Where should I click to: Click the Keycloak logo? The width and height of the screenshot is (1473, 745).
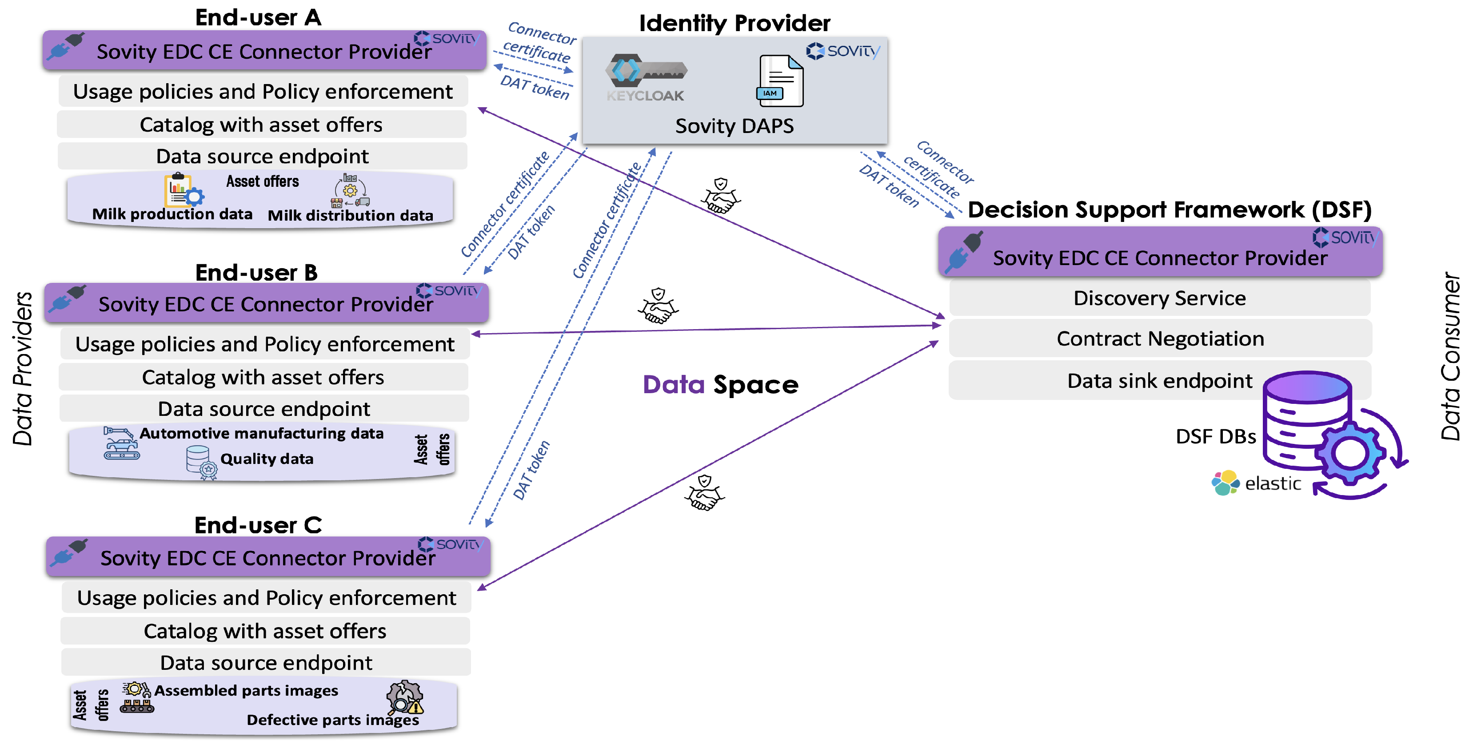(646, 78)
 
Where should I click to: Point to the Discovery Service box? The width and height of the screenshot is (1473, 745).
(1160, 298)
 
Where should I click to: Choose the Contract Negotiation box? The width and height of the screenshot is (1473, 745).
(1160, 339)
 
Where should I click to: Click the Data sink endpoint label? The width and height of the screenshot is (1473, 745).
(1160, 381)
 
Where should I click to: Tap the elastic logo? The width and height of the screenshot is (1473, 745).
(1256, 483)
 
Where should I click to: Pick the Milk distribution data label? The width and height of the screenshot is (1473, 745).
(351, 215)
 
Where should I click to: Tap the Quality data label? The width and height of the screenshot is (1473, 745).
(267, 459)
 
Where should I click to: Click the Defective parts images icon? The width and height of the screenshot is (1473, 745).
(405, 697)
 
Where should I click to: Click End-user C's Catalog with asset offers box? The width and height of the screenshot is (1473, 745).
(265, 631)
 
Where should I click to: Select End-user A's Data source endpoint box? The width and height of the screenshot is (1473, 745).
(263, 156)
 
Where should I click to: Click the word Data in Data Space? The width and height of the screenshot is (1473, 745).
(674, 385)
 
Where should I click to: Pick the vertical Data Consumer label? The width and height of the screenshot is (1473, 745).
(1451, 356)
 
